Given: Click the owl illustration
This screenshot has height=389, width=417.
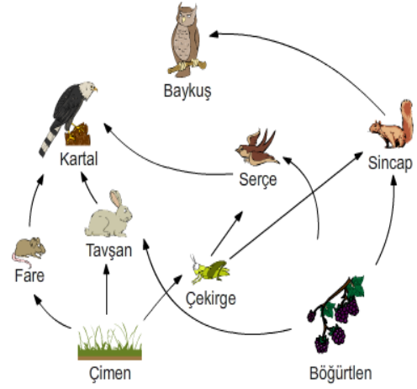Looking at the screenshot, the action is pos(187,40).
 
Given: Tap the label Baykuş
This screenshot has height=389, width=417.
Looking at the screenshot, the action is pos(187,91).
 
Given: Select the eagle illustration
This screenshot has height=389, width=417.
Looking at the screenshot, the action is pos(68,118).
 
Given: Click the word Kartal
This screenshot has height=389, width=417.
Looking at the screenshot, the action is pos(79,159).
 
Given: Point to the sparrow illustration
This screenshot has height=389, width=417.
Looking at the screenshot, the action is pos(257,147).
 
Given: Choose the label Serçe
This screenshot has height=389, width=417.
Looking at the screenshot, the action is pos(258,179).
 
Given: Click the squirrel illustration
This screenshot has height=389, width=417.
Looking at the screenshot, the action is pos(391,124).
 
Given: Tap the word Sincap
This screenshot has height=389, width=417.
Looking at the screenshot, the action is pos(390,163).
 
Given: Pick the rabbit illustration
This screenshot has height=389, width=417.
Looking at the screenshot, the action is pos(108,214).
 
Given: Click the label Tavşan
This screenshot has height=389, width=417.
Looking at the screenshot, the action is pos(109,250).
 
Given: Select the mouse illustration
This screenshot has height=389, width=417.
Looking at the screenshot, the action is pos(29,252).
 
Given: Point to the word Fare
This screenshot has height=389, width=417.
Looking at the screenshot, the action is pos(29,275).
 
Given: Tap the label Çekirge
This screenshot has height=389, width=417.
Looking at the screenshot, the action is pos(211,299).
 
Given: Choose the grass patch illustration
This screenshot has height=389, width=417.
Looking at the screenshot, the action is pos(110,342).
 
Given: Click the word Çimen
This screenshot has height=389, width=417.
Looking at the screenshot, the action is pos(110,374).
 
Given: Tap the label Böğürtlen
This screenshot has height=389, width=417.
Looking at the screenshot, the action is pos(340,373).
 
